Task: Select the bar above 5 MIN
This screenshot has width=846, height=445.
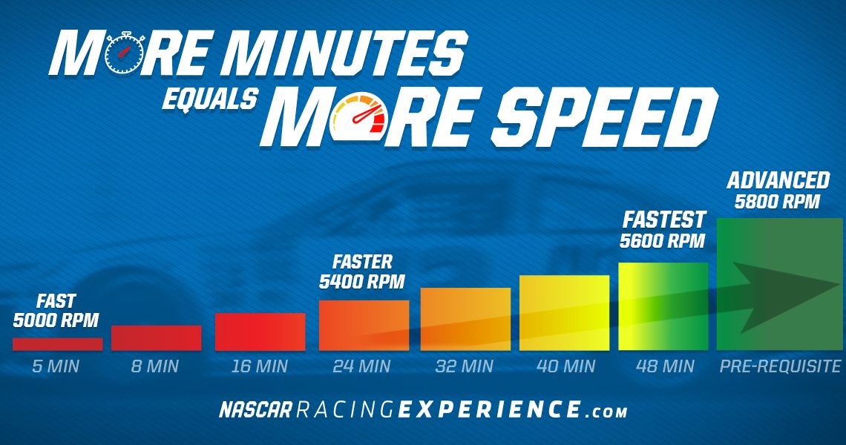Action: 57,344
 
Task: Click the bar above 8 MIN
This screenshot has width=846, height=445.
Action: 157,338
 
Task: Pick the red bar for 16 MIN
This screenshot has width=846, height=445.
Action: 260,332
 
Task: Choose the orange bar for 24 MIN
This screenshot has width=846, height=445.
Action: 364,326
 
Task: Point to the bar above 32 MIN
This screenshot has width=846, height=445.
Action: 465,320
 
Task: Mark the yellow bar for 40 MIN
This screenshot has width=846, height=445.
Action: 564,313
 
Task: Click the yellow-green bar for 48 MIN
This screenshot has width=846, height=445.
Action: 663,306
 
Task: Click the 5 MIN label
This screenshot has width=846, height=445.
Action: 56,367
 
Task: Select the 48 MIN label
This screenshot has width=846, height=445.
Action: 665,367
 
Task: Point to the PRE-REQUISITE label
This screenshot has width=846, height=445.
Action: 780,367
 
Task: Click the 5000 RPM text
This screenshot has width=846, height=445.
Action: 56,320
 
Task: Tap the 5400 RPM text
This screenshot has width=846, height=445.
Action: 362,282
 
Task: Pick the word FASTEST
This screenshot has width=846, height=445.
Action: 664,220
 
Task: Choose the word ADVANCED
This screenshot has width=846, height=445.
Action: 778,181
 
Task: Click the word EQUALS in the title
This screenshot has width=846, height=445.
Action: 210,99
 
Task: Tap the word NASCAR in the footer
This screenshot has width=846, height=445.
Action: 256,410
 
